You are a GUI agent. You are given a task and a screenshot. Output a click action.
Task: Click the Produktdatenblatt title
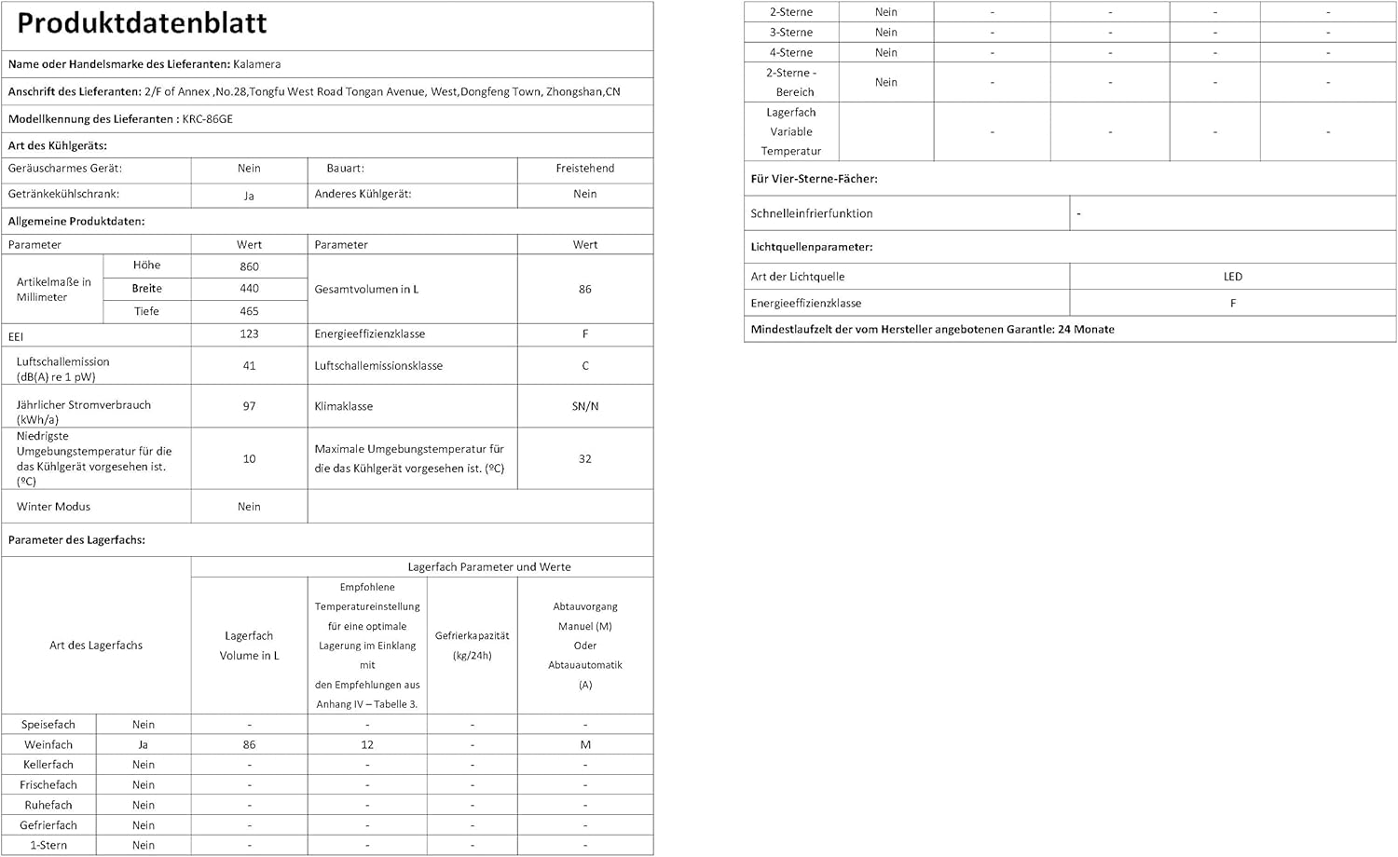click(143, 23)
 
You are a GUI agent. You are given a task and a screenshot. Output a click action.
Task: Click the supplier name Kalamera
click(256, 64)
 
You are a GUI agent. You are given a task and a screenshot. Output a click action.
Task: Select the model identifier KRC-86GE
click(207, 119)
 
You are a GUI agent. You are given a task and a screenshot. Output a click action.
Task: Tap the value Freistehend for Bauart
click(584, 169)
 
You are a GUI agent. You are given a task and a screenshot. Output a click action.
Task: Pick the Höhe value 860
click(249, 266)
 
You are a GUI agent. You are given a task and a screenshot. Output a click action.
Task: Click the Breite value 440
click(249, 289)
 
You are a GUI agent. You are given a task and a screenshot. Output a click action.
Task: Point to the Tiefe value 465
click(249, 311)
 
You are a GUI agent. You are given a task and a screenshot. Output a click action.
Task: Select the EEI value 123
click(249, 334)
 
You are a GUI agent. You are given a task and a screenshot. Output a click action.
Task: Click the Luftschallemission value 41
click(249, 366)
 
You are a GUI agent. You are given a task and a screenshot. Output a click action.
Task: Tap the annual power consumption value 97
click(249, 406)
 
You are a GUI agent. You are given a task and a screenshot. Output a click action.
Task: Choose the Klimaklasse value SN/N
click(584, 406)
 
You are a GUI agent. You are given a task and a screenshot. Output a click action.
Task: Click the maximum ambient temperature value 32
click(584, 458)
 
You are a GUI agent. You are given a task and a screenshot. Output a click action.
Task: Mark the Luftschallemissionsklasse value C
click(584, 366)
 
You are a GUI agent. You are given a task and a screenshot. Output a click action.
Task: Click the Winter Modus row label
click(53, 507)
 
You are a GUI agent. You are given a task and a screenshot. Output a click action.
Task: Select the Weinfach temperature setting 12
click(367, 744)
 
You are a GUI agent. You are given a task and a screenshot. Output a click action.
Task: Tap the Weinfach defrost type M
click(584, 744)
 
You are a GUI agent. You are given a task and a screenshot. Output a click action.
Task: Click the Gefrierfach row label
click(48, 825)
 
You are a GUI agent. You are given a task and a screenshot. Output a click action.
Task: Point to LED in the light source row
click(1232, 277)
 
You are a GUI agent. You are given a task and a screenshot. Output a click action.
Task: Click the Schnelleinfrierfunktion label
click(811, 213)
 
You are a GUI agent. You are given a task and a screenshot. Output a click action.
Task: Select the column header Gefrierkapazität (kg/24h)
click(472, 646)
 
